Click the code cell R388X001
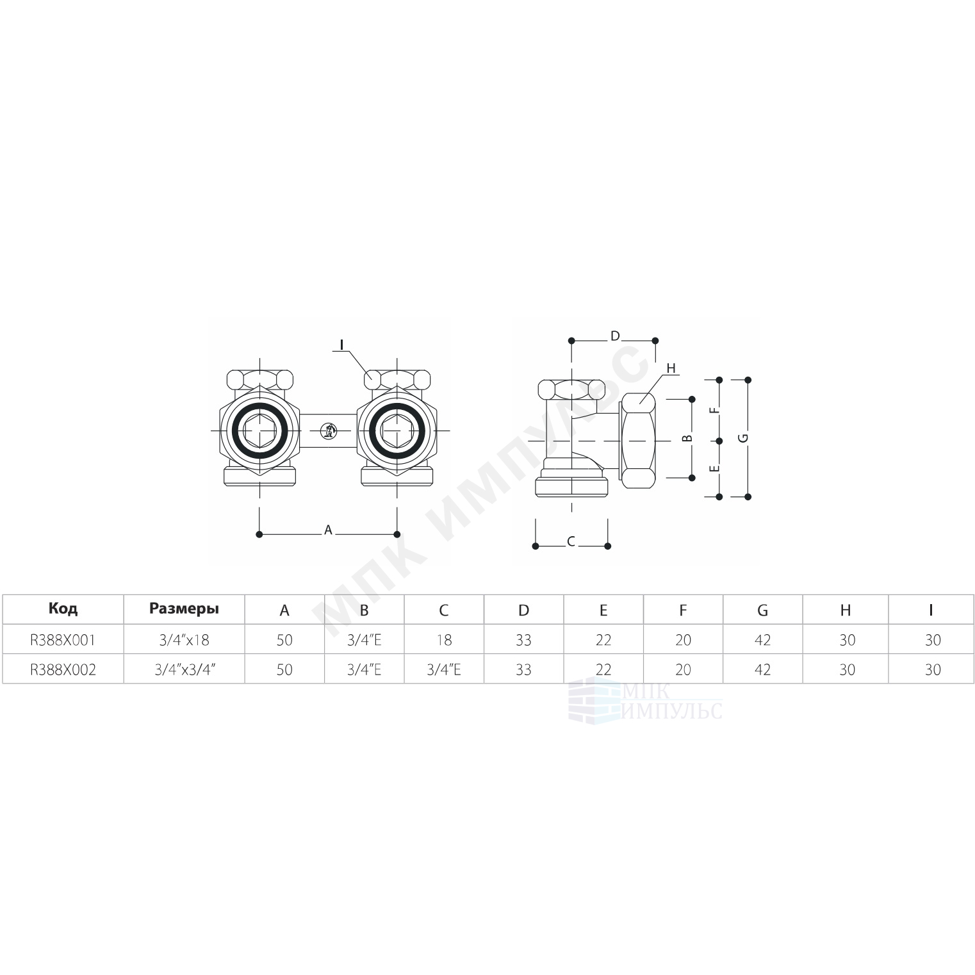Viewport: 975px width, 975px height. (x=63, y=639)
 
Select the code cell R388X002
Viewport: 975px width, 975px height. (x=63, y=669)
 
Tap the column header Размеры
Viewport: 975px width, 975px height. (x=184, y=609)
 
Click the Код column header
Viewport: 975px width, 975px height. (x=63, y=609)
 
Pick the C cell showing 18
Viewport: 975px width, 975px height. (x=444, y=639)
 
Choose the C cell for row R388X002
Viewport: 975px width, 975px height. (x=444, y=669)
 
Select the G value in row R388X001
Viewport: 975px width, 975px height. (x=762, y=639)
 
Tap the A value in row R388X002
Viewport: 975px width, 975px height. (x=284, y=669)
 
